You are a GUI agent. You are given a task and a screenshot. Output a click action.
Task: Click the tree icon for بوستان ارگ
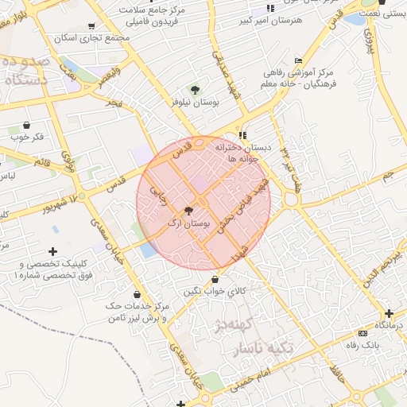click(188, 211)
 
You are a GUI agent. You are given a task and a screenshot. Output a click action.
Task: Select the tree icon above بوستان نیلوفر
click(196, 90)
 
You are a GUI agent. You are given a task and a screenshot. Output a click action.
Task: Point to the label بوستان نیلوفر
click(195, 103)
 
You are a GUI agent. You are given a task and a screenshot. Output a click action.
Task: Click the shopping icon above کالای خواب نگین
click(217, 278)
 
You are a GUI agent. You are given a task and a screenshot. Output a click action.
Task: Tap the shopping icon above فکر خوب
click(28, 124)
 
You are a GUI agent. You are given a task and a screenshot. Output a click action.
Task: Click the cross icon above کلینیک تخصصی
click(53, 252)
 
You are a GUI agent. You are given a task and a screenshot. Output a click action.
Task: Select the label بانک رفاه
click(362, 345)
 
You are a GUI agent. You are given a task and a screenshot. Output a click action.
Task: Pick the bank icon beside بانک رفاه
click(363, 333)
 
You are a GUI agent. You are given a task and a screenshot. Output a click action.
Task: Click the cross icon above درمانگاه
click(389, 313)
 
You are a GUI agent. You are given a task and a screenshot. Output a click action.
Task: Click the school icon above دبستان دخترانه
click(242, 135)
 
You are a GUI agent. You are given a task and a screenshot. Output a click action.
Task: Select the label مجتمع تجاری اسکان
click(87, 37)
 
